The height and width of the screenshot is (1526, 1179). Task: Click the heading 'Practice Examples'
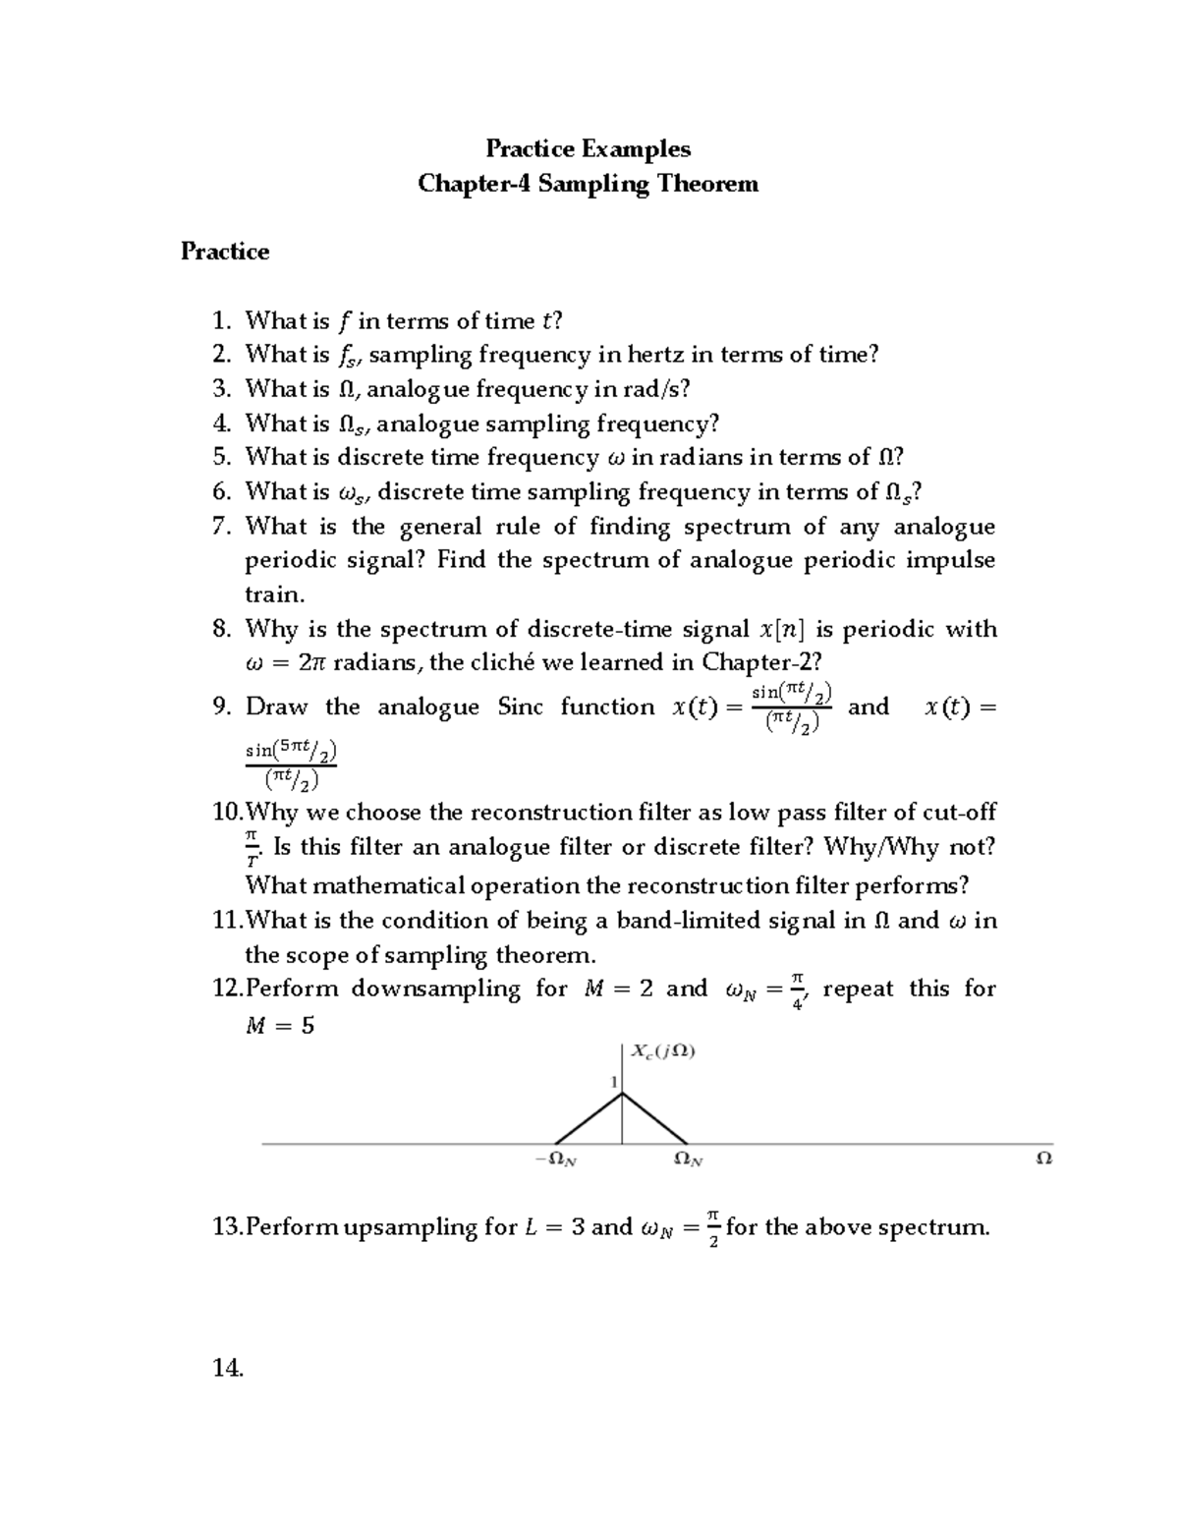(588, 149)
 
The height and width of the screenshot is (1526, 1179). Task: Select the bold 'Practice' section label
(224, 252)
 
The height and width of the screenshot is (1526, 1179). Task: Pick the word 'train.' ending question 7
(274, 594)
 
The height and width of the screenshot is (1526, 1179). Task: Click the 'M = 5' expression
(279, 1027)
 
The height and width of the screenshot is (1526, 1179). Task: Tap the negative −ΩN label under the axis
(556, 1159)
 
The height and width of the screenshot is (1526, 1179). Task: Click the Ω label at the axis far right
(1043, 1159)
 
